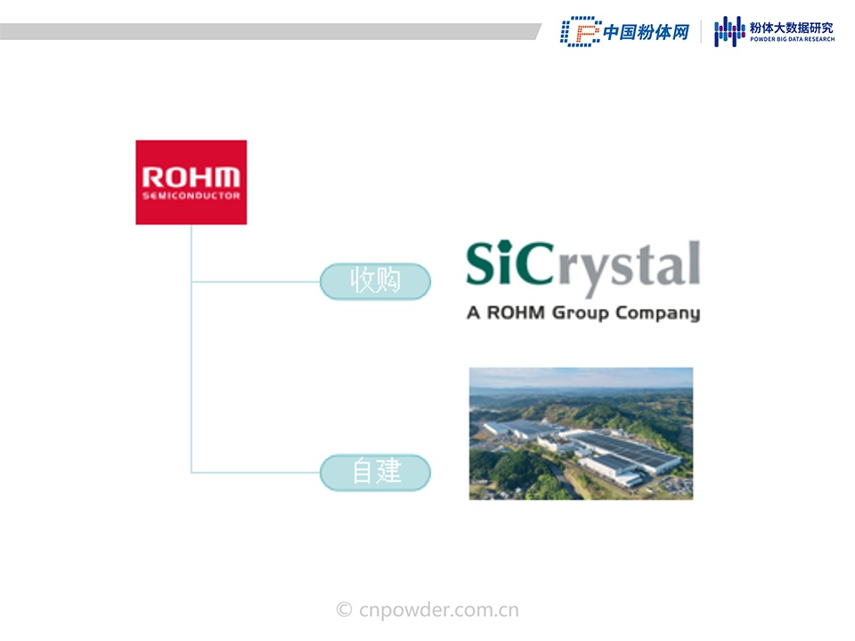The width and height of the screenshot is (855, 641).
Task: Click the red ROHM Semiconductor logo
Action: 191,182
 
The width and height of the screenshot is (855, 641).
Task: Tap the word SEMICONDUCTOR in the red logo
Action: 191,196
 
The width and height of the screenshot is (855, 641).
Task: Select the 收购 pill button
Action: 375,281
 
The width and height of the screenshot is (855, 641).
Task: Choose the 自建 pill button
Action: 375,472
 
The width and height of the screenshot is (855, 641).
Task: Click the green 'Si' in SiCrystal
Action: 490,263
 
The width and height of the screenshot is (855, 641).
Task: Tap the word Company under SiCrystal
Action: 657,313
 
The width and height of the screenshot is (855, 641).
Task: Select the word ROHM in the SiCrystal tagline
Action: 516,312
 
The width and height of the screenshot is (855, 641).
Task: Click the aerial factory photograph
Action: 582,434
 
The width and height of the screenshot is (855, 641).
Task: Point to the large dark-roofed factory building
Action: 627,450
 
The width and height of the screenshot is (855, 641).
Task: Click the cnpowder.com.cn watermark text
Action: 439,610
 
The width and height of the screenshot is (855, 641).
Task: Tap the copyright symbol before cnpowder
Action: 344,609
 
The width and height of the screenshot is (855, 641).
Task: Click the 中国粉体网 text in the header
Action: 647,32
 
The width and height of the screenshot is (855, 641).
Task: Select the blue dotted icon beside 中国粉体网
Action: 580,32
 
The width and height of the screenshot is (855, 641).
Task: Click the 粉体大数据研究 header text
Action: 792,28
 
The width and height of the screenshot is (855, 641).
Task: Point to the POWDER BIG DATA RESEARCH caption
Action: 793,39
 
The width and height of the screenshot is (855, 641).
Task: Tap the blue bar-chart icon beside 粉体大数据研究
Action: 729,32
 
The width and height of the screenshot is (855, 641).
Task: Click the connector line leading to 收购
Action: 256,282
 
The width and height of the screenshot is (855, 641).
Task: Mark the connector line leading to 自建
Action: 256,473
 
